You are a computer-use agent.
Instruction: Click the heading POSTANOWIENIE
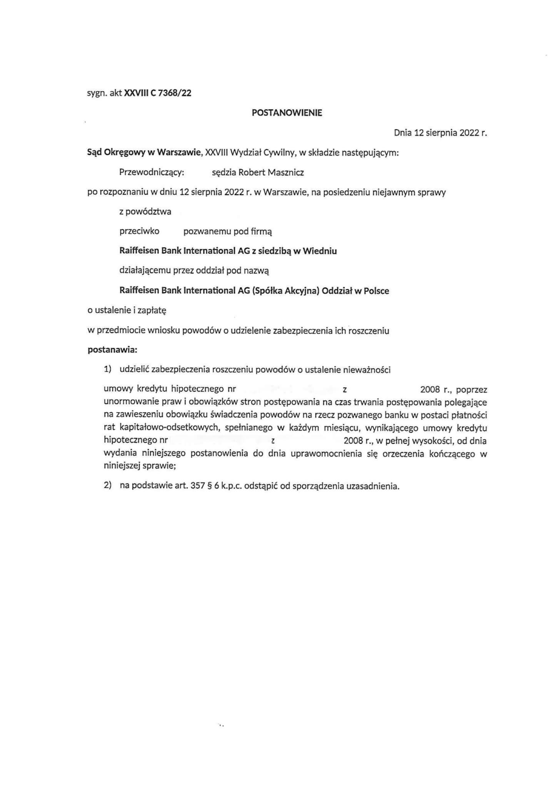pyautogui.click(x=287, y=113)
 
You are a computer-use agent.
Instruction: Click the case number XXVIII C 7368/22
pyautogui.click(x=158, y=93)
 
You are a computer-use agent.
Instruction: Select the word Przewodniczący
pyautogui.click(x=152, y=173)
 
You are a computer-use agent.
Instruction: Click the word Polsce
pyautogui.click(x=376, y=291)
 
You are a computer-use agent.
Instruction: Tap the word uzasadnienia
pyautogui.click(x=373, y=486)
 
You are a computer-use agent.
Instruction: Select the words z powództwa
pyautogui.click(x=145, y=212)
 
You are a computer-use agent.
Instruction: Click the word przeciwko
pyautogui.click(x=139, y=231)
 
